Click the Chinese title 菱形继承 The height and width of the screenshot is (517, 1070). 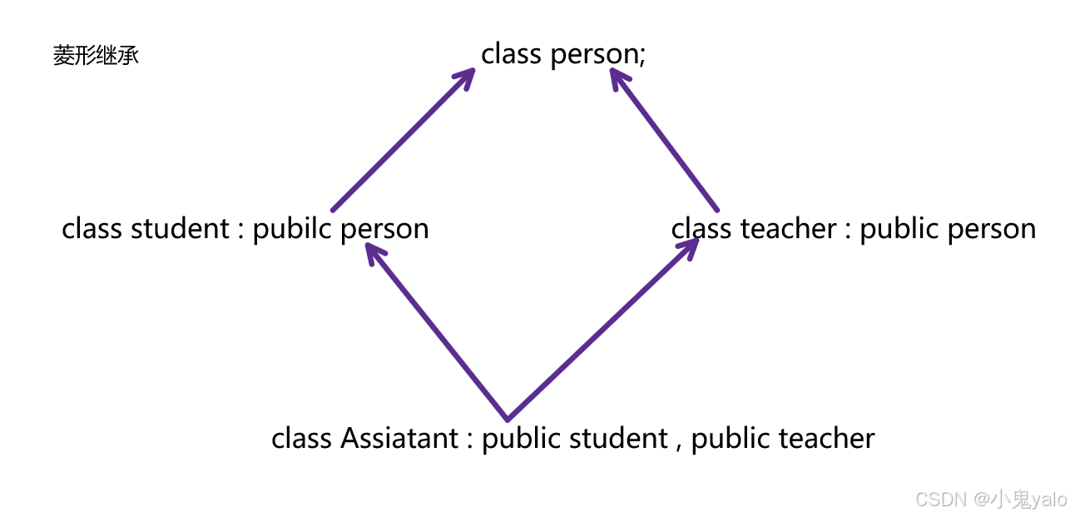96,57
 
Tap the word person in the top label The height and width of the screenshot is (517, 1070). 593,55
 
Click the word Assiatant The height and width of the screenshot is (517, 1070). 399,438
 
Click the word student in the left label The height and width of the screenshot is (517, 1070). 179,228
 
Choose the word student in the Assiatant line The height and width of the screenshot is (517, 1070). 618,438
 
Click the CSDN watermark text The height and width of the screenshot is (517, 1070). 989,499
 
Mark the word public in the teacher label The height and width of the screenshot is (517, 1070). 900,228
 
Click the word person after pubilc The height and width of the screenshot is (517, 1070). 384,228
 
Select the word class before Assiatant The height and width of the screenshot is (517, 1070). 300,438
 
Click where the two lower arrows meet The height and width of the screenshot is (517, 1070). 508,418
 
